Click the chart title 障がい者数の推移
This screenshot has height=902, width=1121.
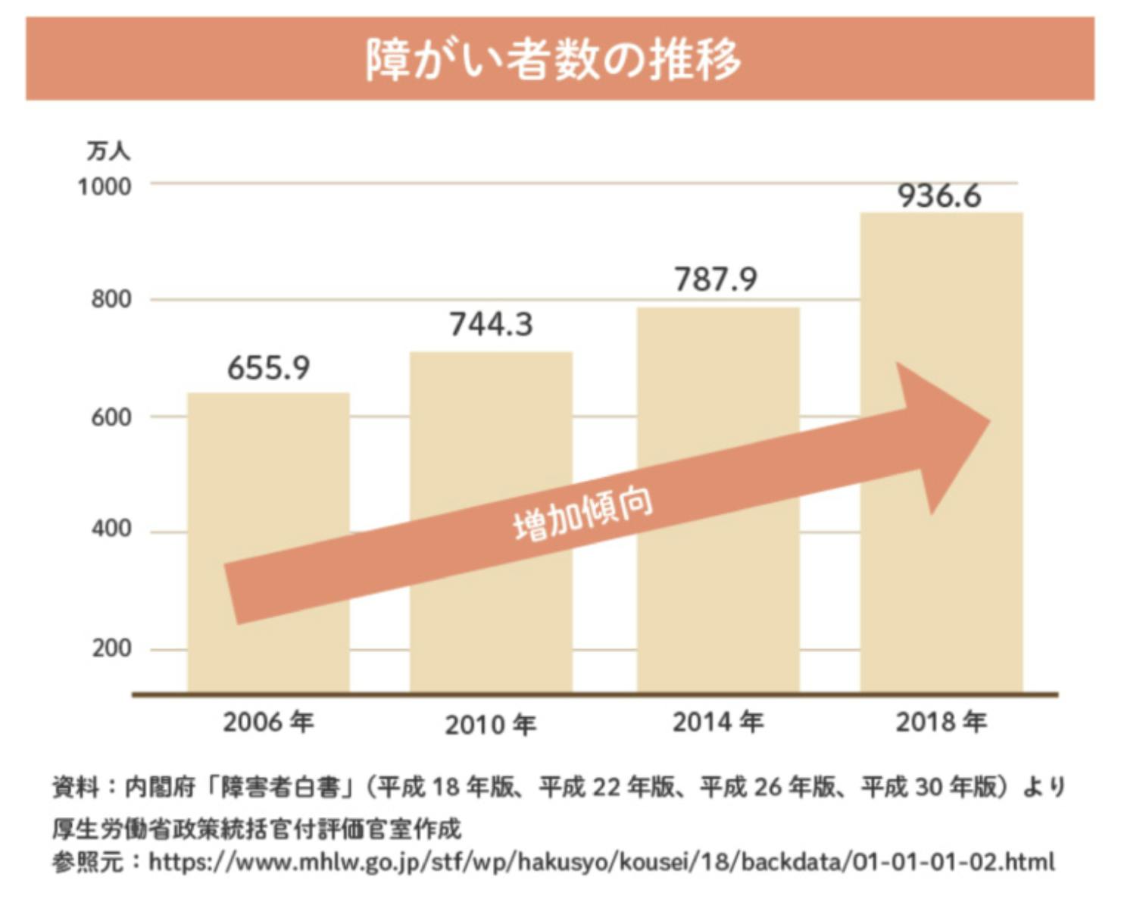(x=553, y=59)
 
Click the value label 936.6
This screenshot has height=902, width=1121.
(x=939, y=195)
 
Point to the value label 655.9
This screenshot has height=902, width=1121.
(x=268, y=368)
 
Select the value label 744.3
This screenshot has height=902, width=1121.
(x=491, y=324)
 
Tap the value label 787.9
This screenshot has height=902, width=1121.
(x=716, y=279)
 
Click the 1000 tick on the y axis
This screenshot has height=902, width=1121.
(x=105, y=186)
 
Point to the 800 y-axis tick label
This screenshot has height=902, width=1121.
(x=111, y=300)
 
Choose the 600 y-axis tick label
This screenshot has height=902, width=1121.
(x=111, y=417)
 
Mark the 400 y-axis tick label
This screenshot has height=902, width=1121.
(x=111, y=529)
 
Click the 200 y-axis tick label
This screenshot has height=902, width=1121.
(x=111, y=649)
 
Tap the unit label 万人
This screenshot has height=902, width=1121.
(x=108, y=151)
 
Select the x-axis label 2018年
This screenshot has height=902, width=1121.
(x=941, y=723)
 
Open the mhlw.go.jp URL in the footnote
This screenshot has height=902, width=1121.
(x=601, y=862)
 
